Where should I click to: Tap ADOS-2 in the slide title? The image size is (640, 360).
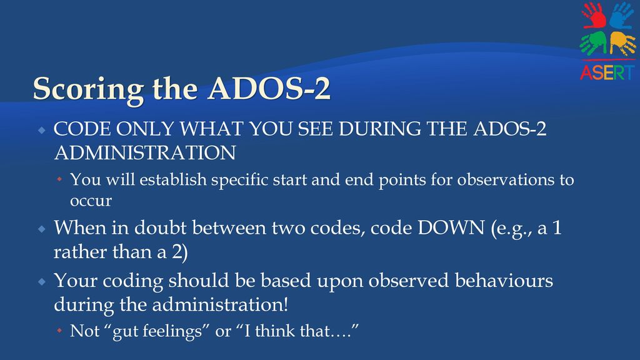pos(269,87)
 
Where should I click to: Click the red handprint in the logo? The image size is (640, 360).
pos(594,16)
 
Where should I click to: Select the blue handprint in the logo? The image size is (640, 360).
pos(622,15)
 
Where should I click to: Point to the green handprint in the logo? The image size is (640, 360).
pos(594,43)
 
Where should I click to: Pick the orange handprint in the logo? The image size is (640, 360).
pos(622,44)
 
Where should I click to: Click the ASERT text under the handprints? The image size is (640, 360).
pos(607,72)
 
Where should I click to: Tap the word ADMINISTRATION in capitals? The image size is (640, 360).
pos(145,153)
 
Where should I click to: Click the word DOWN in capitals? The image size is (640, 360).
pos(451,227)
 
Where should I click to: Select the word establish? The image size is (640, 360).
pos(173,179)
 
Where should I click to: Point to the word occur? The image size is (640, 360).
pos(91,201)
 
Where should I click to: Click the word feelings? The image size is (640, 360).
pos(176,331)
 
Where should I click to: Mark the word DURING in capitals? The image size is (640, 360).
pos(379,129)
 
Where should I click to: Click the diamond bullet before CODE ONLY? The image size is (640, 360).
pos(42,131)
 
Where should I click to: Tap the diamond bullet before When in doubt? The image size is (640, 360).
pos(42,229)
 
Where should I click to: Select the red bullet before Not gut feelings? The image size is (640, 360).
pos(59,330)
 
